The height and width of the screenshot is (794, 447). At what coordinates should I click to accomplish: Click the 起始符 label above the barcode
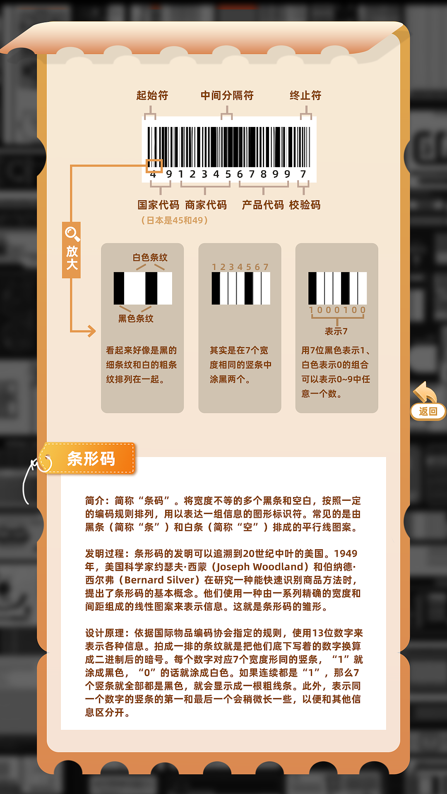click(x=152, y=96)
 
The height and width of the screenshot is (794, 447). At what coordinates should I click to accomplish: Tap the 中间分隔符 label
click(x=227, y=96)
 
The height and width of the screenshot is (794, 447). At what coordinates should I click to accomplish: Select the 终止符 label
click(x=305, y=96)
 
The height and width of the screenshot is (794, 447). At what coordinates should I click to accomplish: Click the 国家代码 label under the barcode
click(x=158, y=205)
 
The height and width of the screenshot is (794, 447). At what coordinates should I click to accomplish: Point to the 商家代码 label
click(x=206, y=205)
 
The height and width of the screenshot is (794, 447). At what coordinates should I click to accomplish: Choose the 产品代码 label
click(x=263, y=205)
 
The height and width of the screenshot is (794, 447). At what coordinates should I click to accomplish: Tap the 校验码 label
click(x=305, y=205)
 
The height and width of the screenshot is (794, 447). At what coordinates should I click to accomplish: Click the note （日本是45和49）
click(x=174, y=220)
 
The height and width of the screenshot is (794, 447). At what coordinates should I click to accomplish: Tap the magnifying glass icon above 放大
click(x=72, y=234)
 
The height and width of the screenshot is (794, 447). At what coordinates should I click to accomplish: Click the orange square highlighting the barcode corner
click(x=154, y=166)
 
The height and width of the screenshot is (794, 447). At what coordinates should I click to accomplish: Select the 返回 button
click(x=428, y=411)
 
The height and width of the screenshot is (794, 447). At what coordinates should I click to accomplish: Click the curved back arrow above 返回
click(x=425, y=392)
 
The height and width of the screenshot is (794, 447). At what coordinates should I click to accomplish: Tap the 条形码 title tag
click(x=91, y=459)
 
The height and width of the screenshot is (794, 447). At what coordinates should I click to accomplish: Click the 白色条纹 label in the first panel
click(x=150, y=257)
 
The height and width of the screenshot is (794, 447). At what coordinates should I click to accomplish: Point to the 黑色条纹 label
click(x=136, y=318)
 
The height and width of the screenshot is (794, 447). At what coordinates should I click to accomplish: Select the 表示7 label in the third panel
click(x=336, y=331)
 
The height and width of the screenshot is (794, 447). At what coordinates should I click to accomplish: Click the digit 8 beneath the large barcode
click(x=263, y=174)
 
